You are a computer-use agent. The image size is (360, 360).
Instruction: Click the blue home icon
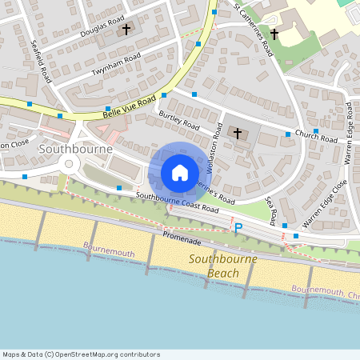pyautogui.click(x=180, y=173)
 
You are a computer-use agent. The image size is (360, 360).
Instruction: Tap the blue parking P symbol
pyautogui.click(x=238, y=228)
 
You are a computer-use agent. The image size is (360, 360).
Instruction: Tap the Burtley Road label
pyautogui.click(x=178, y=121)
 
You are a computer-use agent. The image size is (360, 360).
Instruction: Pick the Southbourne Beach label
pyautogui.click(x=211, y=266)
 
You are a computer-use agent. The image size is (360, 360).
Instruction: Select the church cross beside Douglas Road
pyautogui.click(x=126, y=30)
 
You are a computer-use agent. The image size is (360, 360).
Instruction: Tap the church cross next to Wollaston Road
pyautogui.click(x=238, y=132)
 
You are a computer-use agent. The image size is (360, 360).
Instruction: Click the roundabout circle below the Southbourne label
pyautogui.click(x=70, y=165)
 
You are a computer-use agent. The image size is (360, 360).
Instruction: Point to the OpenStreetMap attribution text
pyautogui.click(x=81, y=354)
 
